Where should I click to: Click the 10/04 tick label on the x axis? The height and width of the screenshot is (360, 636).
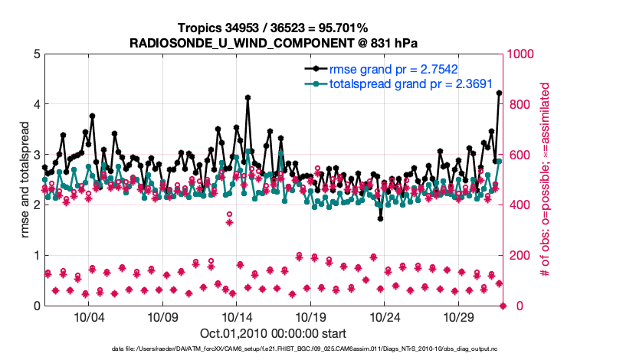tap(88, 317)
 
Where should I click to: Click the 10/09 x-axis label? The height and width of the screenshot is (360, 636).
tap(162, 317)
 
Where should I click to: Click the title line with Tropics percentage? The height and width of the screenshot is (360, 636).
tap(274, 28)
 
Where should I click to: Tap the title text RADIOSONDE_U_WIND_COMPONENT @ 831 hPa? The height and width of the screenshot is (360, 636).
tap(274, 43)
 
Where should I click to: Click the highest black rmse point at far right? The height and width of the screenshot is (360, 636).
tap(500, 93)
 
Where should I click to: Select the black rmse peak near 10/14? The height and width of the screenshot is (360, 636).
tap(248, 98)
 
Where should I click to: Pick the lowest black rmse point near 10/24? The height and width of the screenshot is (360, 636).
tap(381, 218)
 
